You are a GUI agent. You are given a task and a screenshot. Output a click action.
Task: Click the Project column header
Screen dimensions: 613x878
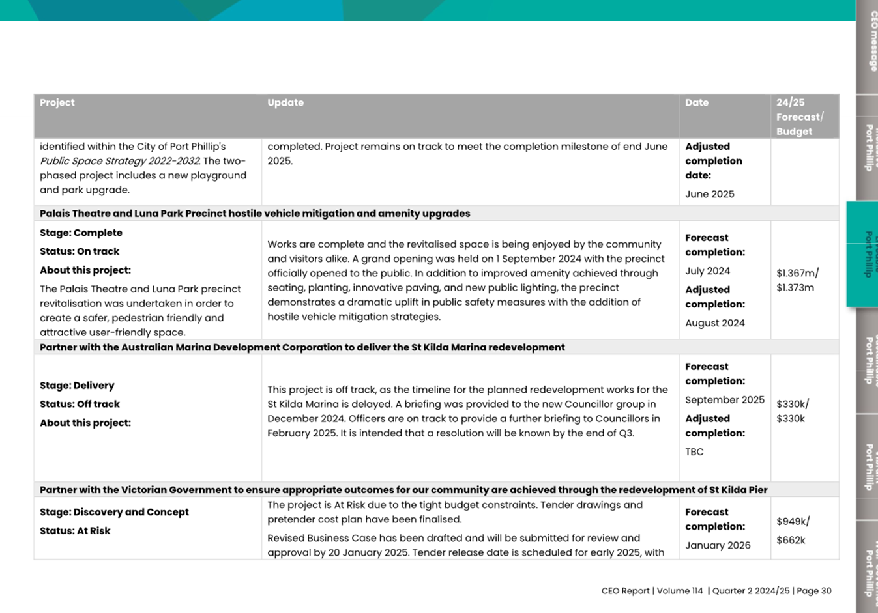coord(57,103)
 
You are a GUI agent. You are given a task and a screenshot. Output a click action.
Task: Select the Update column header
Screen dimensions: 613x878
coord(285,103)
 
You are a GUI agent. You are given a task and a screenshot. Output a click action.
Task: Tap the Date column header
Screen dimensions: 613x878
coord(697,103)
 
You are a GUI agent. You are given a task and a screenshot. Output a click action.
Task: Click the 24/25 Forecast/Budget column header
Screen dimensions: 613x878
coord(800,117)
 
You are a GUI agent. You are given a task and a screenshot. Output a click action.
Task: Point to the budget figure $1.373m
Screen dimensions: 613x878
coord(795,288)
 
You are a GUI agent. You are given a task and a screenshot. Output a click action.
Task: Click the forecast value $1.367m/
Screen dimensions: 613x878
coord(797,274)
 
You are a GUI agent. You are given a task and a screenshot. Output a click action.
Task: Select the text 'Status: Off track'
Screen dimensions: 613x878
coord(80,405)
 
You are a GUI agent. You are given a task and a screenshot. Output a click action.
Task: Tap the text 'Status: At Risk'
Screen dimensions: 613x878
coord(75,531)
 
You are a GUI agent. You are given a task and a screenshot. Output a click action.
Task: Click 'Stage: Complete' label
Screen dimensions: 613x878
coord(81,233)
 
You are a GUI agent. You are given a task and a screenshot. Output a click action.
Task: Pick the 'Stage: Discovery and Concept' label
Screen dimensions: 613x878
coord(114,513)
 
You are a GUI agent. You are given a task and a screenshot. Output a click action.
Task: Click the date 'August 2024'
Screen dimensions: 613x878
coord(715,323)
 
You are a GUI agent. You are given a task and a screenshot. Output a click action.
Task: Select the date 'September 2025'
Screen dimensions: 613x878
coord(725,400)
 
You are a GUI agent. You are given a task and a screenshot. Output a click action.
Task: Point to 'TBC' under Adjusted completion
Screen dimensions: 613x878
coord(694,452)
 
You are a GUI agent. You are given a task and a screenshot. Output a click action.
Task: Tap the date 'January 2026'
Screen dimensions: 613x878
coord(718,546)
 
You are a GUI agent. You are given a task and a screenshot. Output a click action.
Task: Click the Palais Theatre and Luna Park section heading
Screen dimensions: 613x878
coord(255,214)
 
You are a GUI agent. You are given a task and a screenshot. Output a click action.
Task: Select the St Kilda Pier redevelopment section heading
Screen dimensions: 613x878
coord(403,490)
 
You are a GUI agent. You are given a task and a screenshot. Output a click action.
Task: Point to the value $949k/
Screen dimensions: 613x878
coord(793,522)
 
